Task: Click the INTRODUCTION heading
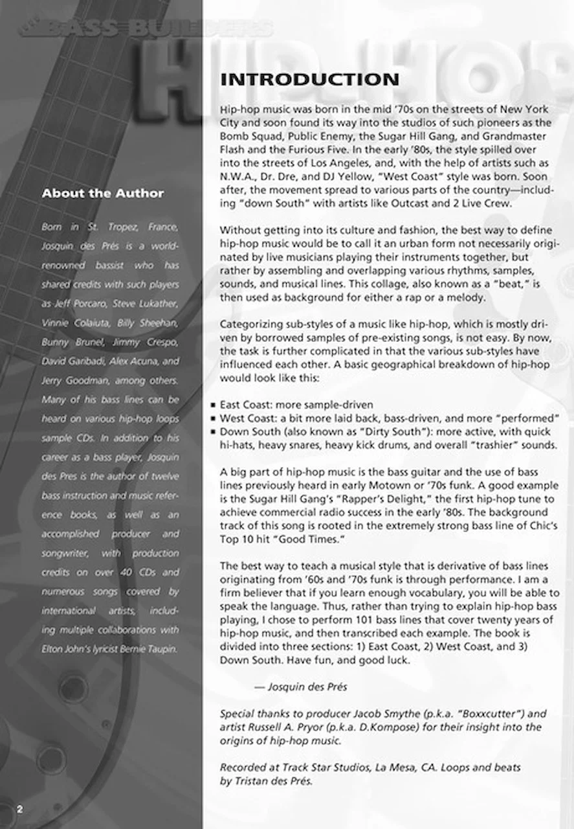pyautogui.click(x=309, y=80)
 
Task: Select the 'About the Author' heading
pyautogui.click(x=103, y=193)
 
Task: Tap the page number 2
pyautogui.click(x=20, y=809)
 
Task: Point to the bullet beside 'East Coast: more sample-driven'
pyautogui.click(x=213, y=405)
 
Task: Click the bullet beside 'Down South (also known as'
pyautogui.click(x=213, y=432)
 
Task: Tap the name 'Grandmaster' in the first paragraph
pyautogui.click(x=515, y=136)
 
